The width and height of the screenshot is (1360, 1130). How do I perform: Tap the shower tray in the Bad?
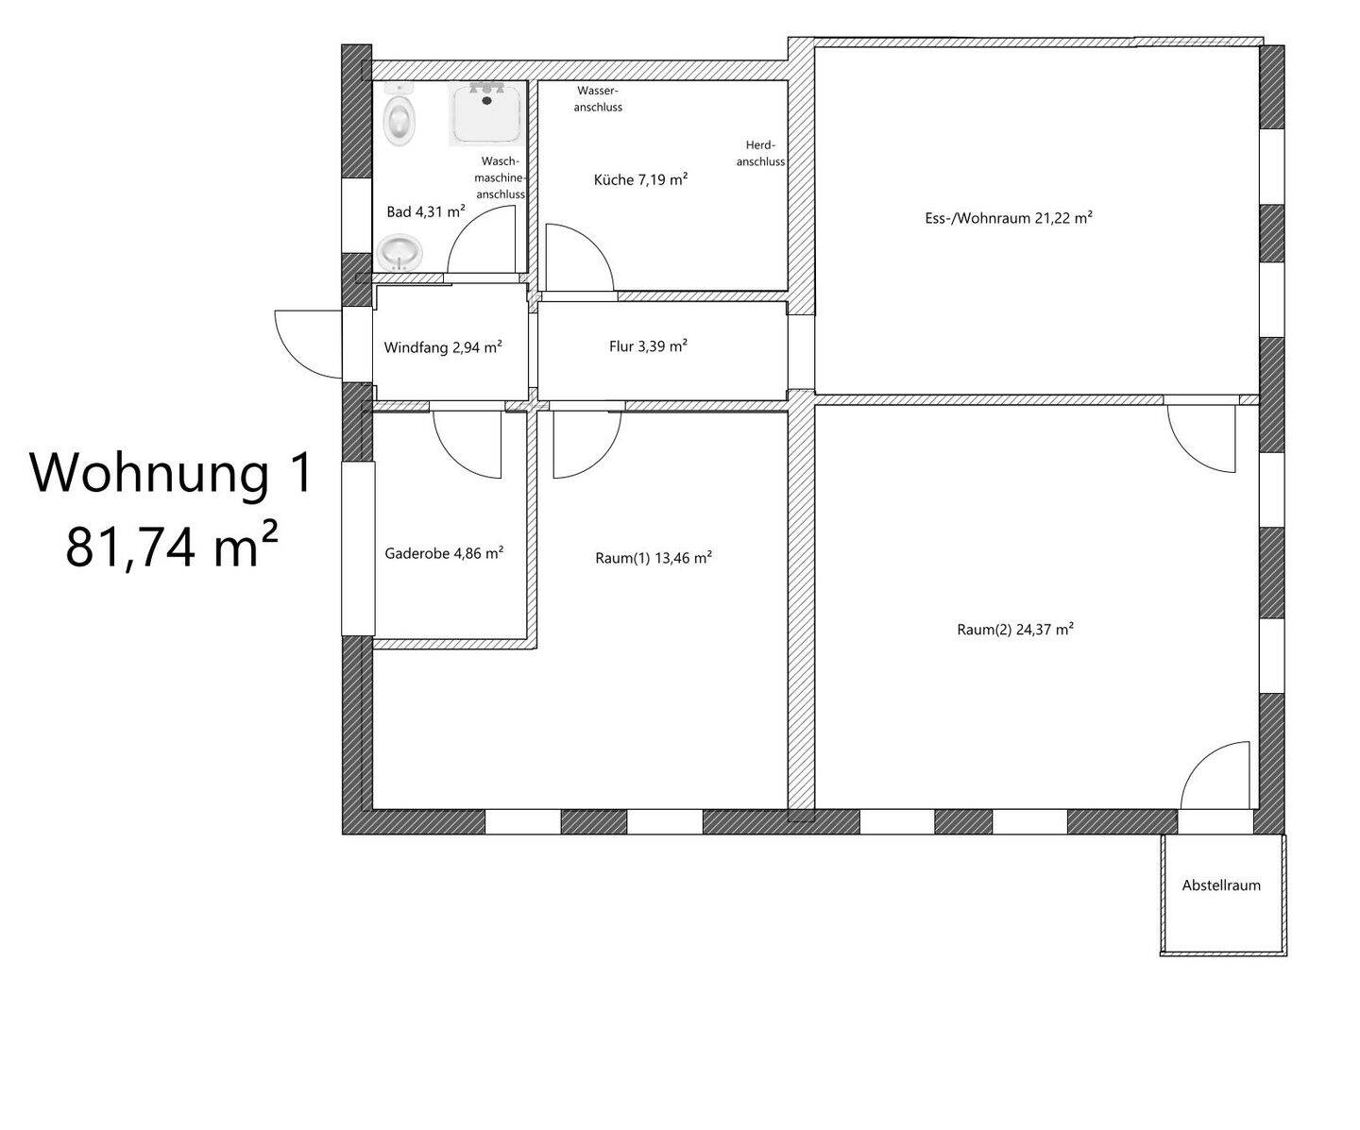[x=486, y=114]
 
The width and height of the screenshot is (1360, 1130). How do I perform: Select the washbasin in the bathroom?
[x=399, y=253]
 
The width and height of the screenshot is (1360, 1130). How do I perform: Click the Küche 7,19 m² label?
[x=641, y=179]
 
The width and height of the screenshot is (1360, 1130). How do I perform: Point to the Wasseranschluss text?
[x=598, y=99]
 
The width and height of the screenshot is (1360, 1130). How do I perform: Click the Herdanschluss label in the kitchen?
[x=761, y=154]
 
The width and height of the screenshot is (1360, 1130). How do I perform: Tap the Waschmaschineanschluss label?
[x=501, y=177]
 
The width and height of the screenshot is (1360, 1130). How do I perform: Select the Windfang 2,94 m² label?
[x=443, y=347]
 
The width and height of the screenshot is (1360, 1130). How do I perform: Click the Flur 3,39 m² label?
[x=648, y=346]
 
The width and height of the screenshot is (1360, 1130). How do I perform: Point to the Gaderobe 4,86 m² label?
[x=444, y=553]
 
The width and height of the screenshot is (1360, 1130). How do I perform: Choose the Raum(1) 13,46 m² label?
[x=654, y=558]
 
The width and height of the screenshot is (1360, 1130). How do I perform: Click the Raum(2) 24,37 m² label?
[x=1014, y=630]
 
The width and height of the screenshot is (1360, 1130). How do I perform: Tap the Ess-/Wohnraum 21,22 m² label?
[x=1009, y=217]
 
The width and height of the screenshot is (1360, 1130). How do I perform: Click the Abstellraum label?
[x=1221, y=885]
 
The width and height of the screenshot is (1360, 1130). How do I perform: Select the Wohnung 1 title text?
[x=172, y=474]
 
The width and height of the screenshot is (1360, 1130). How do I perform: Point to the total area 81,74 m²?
[x=172, y=546]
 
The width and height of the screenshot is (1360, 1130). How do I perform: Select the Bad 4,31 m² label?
[x=426, y=211]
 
